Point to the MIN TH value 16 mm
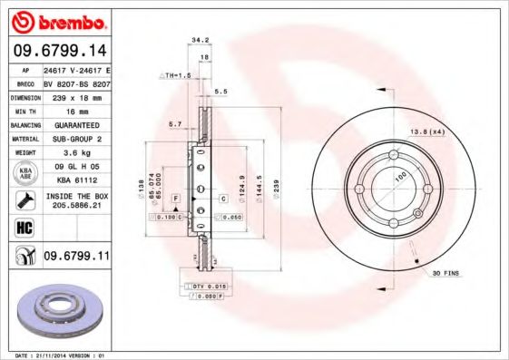click(x=76, y=109)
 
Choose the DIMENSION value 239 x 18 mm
click(x=76, y=94)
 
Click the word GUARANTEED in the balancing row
click(x=76, y=123)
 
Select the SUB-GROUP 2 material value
click(x=76, y=138)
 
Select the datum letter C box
click(x=221, y=198)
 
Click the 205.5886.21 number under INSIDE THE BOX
click(x=76, y=206)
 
